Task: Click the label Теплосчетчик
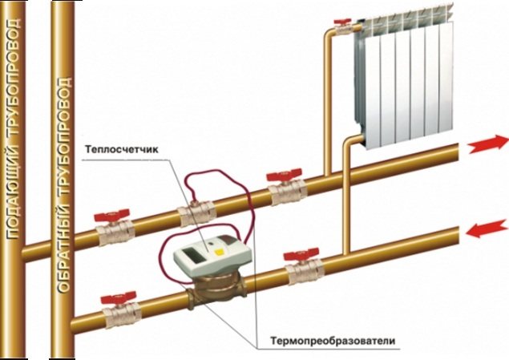pos(122,150)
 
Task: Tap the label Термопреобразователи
pos(333,342)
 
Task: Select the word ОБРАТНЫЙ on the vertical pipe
pos(63,248)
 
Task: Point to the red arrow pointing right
pos(487,144)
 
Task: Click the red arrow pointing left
pos(487,229)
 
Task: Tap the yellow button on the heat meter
pos(220,251)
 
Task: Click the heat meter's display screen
pos(193,254)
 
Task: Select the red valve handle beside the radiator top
pos(342,22)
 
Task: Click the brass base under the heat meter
pos(216,289)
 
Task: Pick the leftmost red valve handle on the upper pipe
pos(111,215)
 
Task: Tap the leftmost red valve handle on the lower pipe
pos(118,298)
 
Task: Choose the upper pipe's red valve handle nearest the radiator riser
pos(284,176)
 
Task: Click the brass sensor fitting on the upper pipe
pos(197,213)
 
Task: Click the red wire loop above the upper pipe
pos(218,172)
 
